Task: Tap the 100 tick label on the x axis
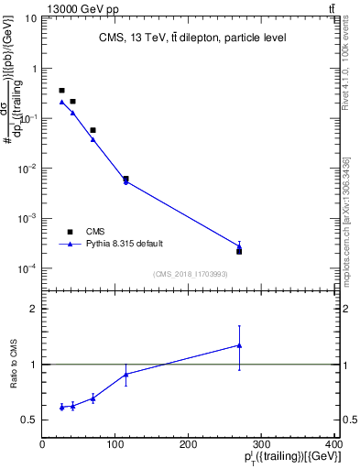click(115, 445)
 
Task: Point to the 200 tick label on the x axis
click(189, 445)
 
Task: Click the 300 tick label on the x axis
click(262, 445)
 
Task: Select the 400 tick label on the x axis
click(334, 445)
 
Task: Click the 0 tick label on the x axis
click(42, 445)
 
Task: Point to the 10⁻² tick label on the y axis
click(27, 169)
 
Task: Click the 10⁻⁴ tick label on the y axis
click(27, 268)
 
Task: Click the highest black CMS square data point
click(61, 91)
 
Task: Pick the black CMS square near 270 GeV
click(239, 251)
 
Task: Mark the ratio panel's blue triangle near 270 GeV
click(239, 345)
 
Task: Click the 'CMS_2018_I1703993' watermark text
click(191, 273)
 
